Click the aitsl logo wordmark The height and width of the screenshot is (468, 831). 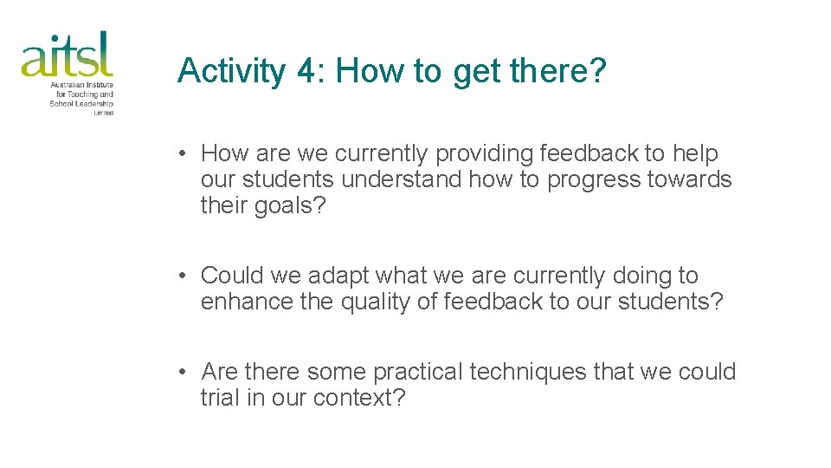pyautogui.click(x=67, y=54)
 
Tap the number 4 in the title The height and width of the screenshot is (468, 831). pyautogui.click(x=306, y=71)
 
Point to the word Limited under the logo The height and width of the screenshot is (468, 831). pyautogui.click(x=103, y=113)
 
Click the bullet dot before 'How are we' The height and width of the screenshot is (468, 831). pyautogui.click(x=184, y=154)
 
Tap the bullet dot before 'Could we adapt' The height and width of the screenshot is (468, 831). pyautogui.click(x=184, y=276)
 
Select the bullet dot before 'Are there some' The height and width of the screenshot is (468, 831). pyautogui.click(x=184, y=373)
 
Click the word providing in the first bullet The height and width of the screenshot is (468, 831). pyautogui.click(x=484, y=154)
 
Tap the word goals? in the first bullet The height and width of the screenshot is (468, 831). pyautogui.click(x=290, y=207)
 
